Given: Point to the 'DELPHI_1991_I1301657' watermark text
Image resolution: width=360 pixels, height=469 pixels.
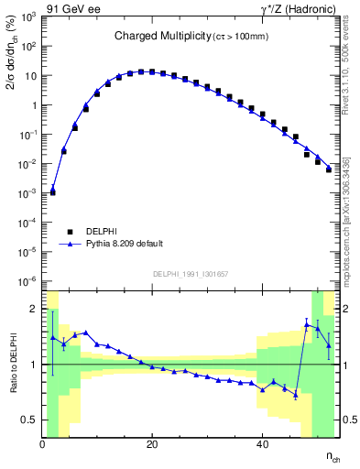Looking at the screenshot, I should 191,274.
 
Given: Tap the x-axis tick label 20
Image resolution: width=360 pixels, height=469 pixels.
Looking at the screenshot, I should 152,445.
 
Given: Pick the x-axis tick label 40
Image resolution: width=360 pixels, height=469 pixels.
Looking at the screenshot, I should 263,445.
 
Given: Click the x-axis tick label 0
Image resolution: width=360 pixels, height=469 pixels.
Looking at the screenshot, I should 42,445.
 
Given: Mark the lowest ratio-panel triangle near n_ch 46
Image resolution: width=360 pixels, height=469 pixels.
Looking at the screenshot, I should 296,396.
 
